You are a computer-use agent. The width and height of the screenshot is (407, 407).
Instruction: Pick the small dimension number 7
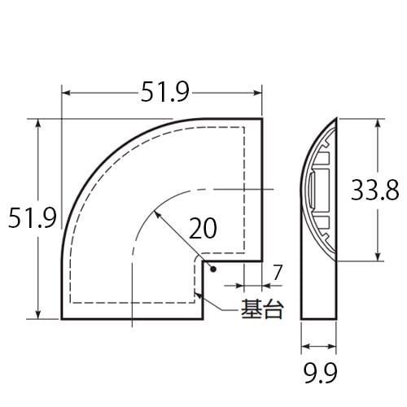point(278,273)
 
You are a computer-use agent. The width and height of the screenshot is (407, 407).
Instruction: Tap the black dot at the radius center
point(211,269)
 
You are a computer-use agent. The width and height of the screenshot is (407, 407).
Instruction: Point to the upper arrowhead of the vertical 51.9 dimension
point(37,123)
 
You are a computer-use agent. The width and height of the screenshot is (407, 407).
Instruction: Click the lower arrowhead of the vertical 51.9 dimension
point(37,315)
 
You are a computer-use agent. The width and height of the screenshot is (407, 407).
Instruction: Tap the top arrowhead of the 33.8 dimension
point(379,125)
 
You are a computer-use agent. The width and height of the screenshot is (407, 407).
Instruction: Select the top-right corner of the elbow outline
point(262,119)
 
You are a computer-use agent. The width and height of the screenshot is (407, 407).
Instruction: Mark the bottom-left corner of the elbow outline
point(63,319)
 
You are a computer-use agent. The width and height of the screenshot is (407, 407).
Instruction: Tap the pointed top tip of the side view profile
point(335,120)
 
